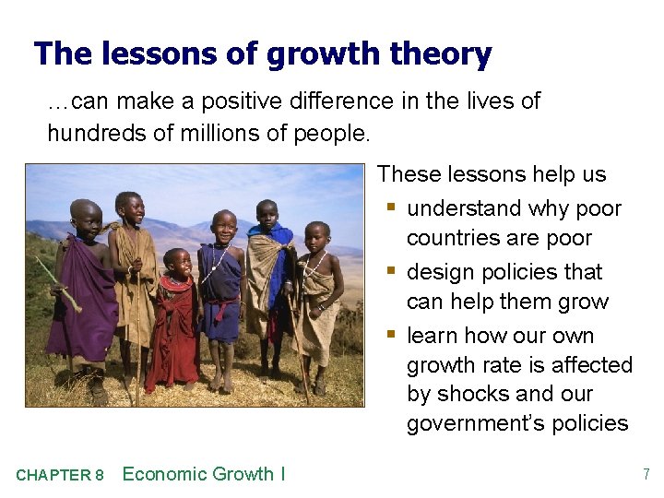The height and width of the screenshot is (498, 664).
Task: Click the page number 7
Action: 646,475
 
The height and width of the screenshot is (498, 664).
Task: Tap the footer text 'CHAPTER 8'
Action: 59,476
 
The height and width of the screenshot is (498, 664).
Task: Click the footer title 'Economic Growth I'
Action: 204,474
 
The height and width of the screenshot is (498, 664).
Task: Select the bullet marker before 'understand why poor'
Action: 393,208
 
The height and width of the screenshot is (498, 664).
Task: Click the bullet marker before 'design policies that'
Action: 393,272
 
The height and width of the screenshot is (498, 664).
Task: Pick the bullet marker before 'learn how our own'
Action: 393,336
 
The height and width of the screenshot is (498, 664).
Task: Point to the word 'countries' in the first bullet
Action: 453,238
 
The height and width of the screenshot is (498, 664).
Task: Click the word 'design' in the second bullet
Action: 439,272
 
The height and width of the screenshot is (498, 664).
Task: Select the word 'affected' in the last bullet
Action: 591,365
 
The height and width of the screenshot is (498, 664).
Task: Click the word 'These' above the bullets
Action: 407,174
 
